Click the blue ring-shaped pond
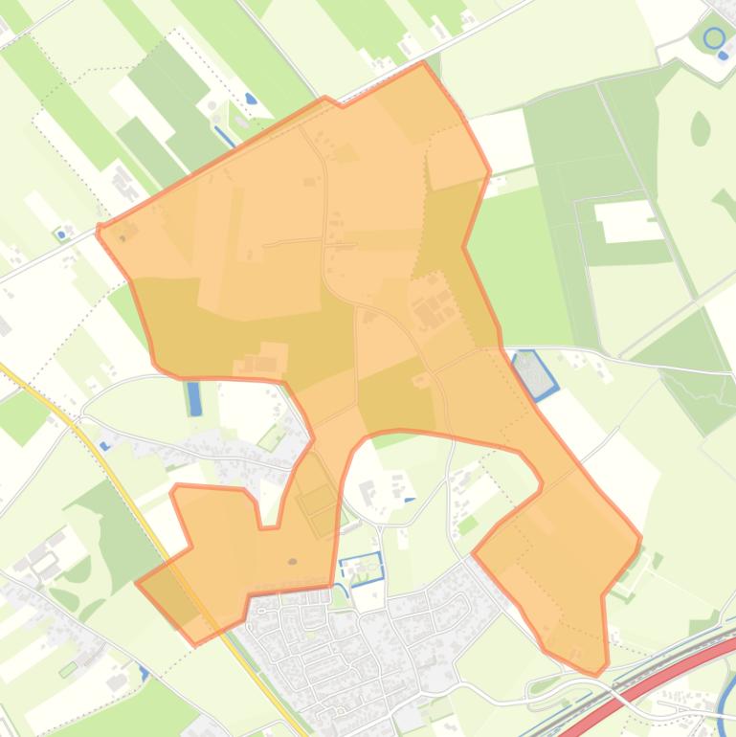[714, 38]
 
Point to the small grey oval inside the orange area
[292, 562]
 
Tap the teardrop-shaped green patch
[701, 128]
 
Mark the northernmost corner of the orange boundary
[423, 63]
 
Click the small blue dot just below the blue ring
[723, 56]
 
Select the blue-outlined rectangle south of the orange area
[361, 568]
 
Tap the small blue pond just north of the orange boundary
[251, 99]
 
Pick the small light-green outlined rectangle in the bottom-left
[68, 669]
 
